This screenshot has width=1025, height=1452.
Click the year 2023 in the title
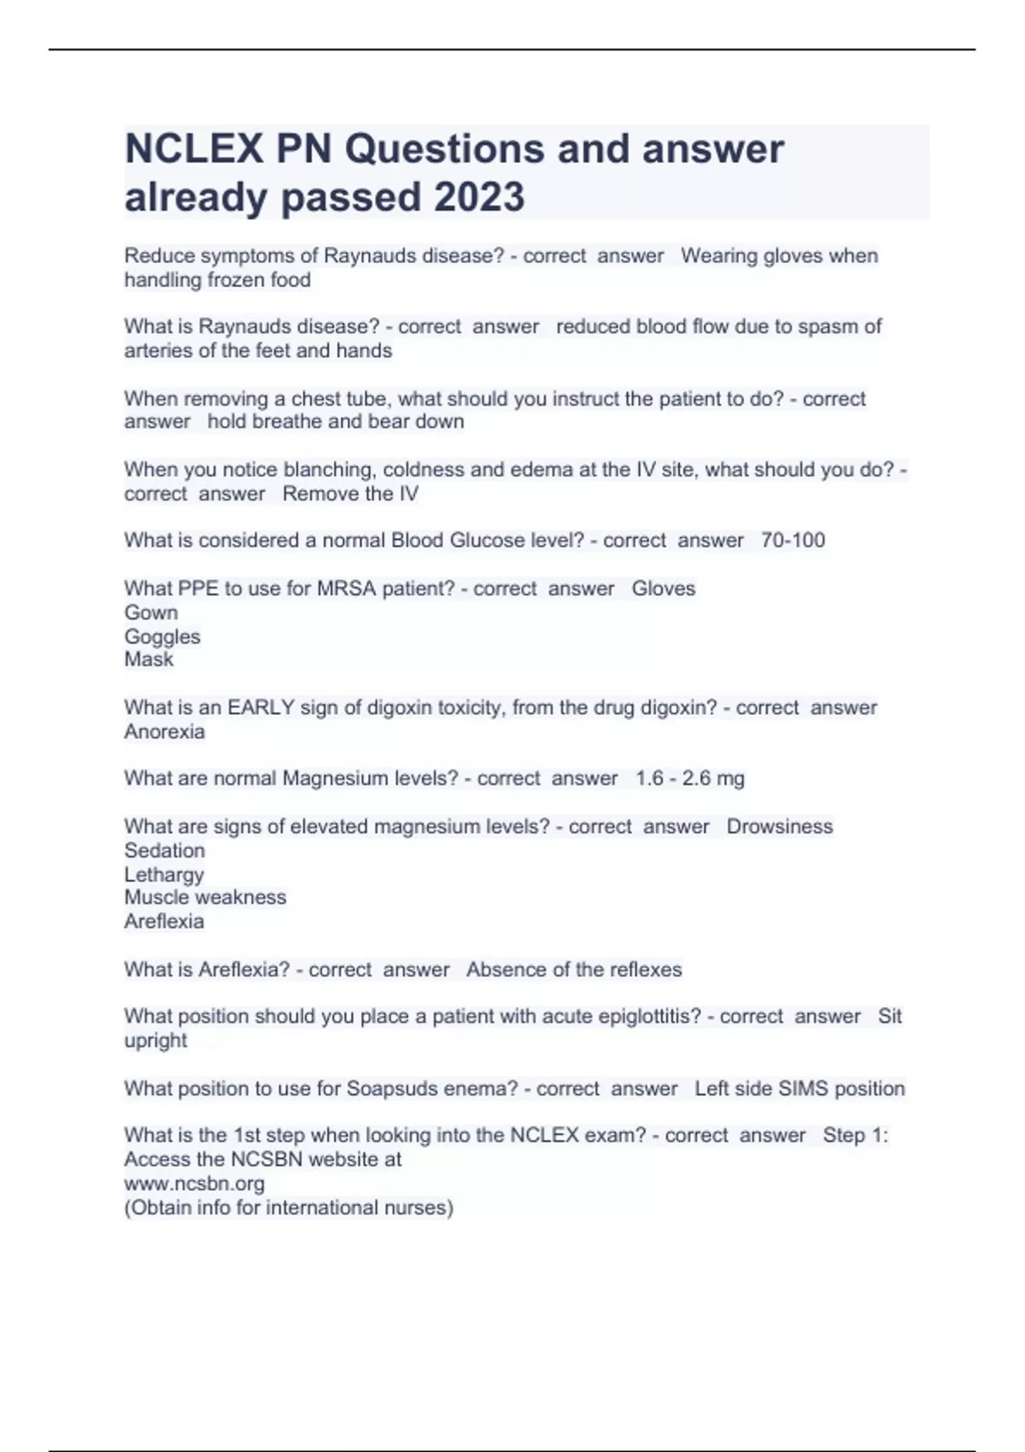[479, 197]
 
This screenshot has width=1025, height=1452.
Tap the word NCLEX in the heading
[194, 149]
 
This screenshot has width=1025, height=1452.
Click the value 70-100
[793, 541]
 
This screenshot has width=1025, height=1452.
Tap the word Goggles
[162, 636]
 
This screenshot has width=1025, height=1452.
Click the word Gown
[151, 612]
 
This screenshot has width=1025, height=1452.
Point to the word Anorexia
[165, 732]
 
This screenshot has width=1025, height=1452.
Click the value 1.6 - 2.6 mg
[690, 779]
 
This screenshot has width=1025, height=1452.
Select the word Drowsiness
[779, 827]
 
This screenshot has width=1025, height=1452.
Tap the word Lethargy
[164, 875]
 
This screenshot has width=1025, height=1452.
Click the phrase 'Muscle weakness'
[205, 898]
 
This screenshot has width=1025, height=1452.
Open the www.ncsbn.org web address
[195, 1184]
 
